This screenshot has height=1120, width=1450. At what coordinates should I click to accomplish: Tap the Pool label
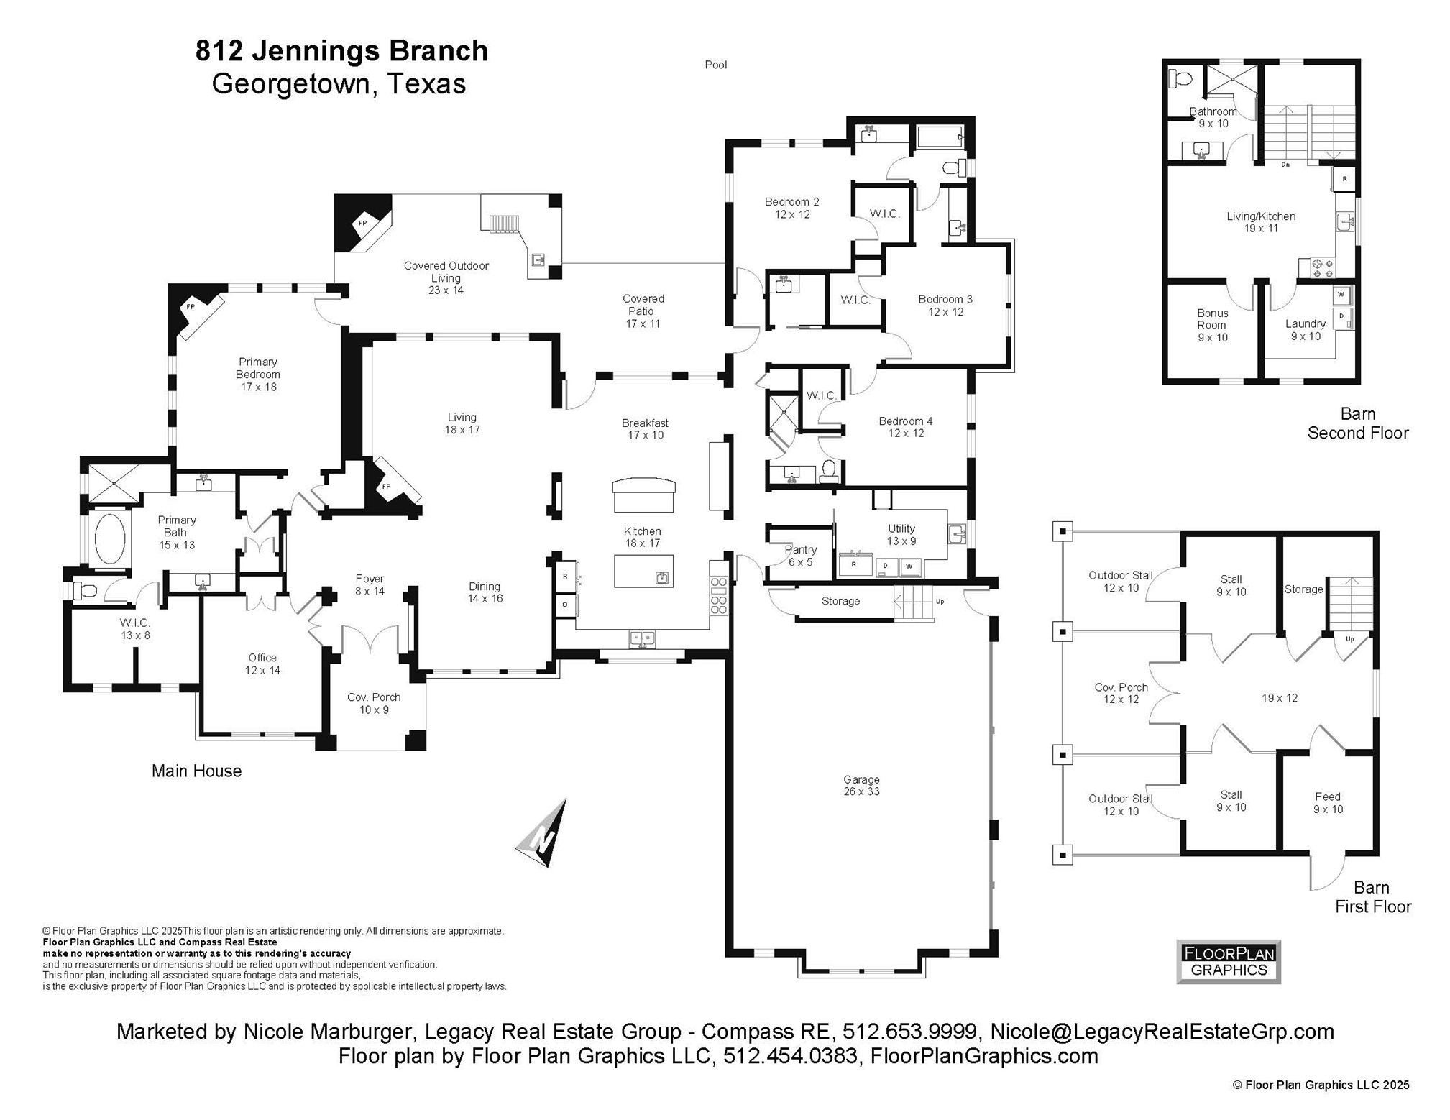(715, 65)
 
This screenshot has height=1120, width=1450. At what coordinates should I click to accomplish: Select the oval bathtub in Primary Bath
(109, 538)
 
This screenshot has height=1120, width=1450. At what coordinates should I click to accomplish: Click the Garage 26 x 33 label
(861, 785)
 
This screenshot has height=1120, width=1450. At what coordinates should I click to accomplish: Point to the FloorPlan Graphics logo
(1229, 962)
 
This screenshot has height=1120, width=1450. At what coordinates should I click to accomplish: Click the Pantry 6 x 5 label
(800, 556)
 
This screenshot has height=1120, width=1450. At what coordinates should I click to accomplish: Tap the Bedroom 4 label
(905, 426)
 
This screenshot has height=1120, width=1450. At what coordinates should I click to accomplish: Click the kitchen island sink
(662, 577)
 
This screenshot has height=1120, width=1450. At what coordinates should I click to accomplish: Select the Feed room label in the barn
(1327, 802)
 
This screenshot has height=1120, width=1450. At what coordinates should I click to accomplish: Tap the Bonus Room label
(1212, 325)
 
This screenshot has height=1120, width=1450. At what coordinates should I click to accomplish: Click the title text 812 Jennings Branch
(341, 50)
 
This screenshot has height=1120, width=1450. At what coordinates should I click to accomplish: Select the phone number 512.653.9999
(909, 1032)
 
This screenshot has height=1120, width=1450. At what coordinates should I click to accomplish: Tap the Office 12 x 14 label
(262, 664)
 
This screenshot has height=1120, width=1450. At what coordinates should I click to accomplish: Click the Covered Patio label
(642, 311)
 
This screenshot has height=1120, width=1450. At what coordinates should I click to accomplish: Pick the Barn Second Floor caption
(1357, 423)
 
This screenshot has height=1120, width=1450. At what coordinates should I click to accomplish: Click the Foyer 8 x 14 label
(370, 584)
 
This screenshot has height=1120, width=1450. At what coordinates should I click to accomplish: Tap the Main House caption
(196, 771)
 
